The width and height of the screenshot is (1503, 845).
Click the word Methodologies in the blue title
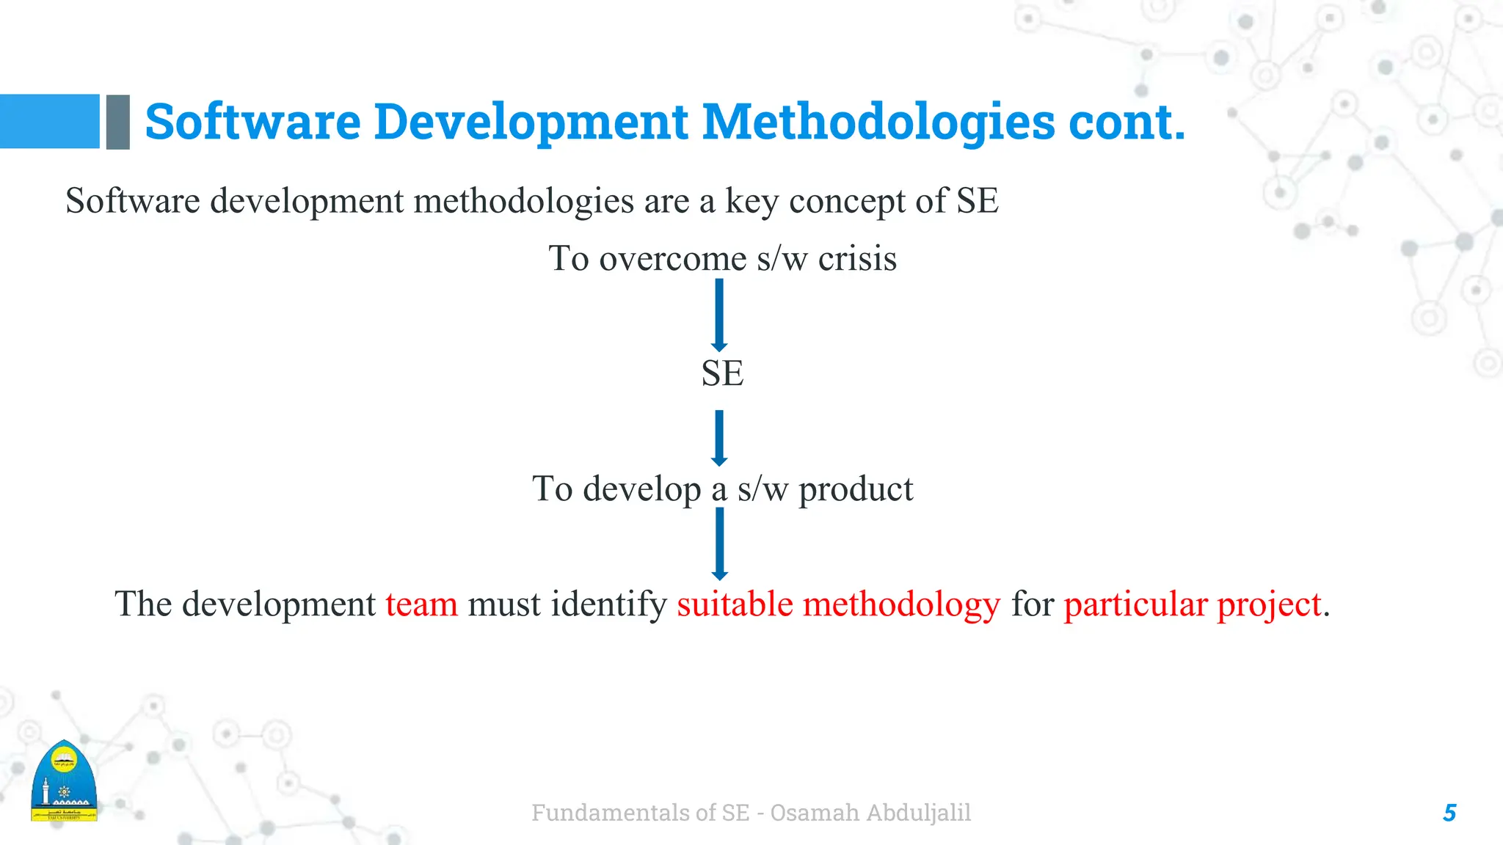point(878,122)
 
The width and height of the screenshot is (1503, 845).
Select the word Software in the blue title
point(252,122)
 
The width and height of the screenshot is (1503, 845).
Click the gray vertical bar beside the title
point(117,122)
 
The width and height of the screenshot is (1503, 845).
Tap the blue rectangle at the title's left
point(49,121)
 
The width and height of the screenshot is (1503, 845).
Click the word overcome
point(672,258)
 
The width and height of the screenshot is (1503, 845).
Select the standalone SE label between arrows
point(722,373)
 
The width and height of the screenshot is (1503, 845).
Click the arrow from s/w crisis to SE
point(719,314)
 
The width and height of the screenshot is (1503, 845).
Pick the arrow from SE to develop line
point(719,437)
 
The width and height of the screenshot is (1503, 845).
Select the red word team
point(421,604)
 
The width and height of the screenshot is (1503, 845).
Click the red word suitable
point(735,604)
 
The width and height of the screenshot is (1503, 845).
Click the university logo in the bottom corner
point(64,782)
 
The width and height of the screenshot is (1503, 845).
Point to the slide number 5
point(1449,813)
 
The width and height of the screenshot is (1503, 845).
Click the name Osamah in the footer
point(815,813)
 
